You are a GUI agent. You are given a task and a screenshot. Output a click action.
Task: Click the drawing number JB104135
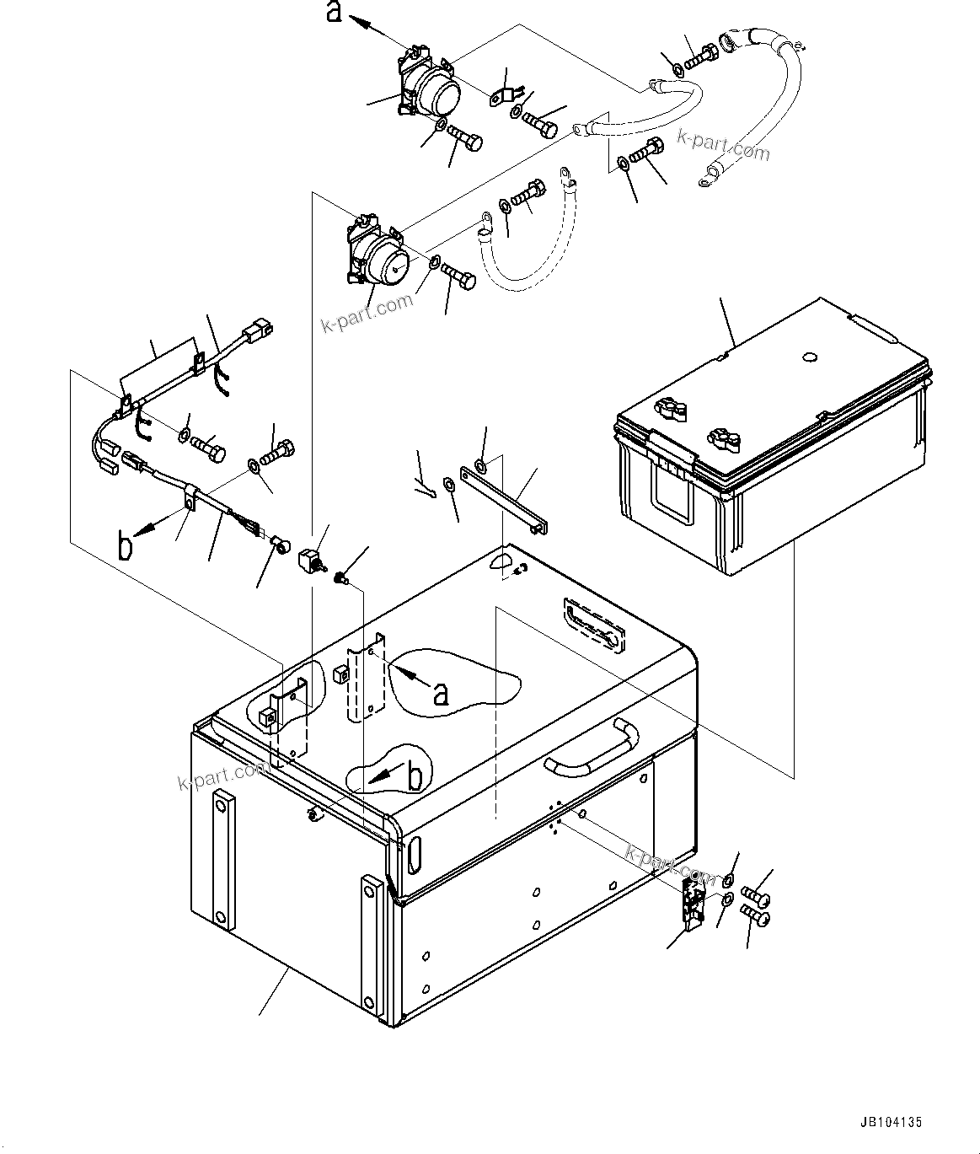[891, 1122]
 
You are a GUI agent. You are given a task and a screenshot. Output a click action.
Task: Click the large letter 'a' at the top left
[335, 13]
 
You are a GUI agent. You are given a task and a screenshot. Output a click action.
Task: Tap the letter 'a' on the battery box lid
[440, 694]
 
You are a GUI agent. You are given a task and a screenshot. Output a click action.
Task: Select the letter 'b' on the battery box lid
[415, 778]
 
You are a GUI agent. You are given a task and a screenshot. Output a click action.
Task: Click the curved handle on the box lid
[590, 745]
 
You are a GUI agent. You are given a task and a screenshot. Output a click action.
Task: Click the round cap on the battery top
[809, 357]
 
